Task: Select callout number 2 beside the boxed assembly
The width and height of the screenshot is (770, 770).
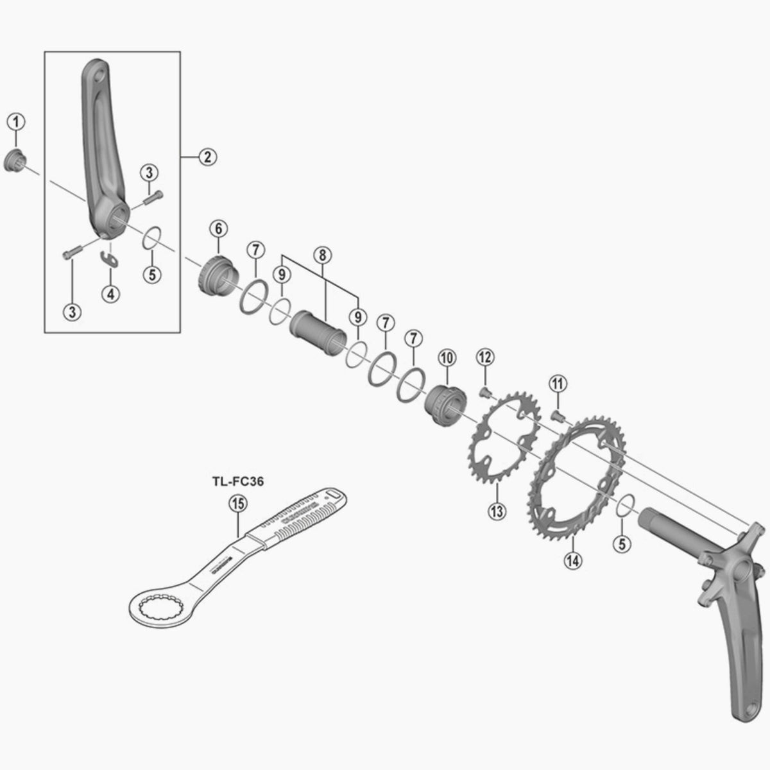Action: tap(207, 157)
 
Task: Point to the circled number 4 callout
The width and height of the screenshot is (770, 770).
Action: tap(110, 294)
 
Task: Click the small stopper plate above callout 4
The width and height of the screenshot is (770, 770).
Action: tap(110, 259)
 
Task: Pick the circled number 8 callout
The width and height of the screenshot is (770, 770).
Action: tap(323, 255)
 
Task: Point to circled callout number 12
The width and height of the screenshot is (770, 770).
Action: tap(484, 356)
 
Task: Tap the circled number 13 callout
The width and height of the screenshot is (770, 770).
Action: tap(497, 511)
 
